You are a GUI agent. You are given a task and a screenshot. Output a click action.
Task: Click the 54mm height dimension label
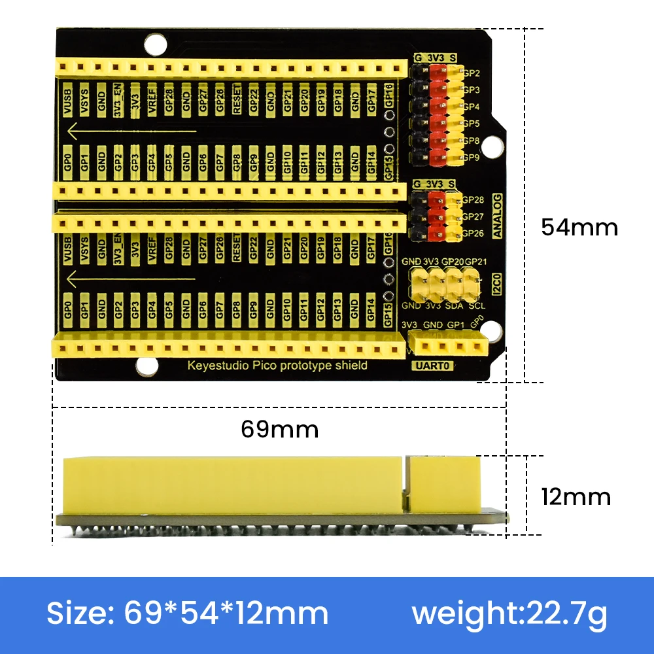[x=579, y=227]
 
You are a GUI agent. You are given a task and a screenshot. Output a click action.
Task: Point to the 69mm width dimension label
[x=279, y=429]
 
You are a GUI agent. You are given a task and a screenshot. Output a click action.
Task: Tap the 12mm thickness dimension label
[x=576, y=496]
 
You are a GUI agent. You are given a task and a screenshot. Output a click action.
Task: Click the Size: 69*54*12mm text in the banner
[x=187, y=614]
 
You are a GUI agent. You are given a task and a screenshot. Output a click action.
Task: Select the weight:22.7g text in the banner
[x=509, y=614]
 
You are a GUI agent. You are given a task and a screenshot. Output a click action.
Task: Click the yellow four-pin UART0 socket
[x=449, y=344]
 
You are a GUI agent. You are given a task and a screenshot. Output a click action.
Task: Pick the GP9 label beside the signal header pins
[x=472, y=158]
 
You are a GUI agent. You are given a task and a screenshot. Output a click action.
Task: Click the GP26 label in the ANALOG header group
[x=473, y=233]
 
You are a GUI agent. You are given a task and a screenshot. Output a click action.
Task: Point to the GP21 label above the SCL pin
[x=476, y=262]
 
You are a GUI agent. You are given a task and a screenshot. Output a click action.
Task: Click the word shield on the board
[x=350, y=366]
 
